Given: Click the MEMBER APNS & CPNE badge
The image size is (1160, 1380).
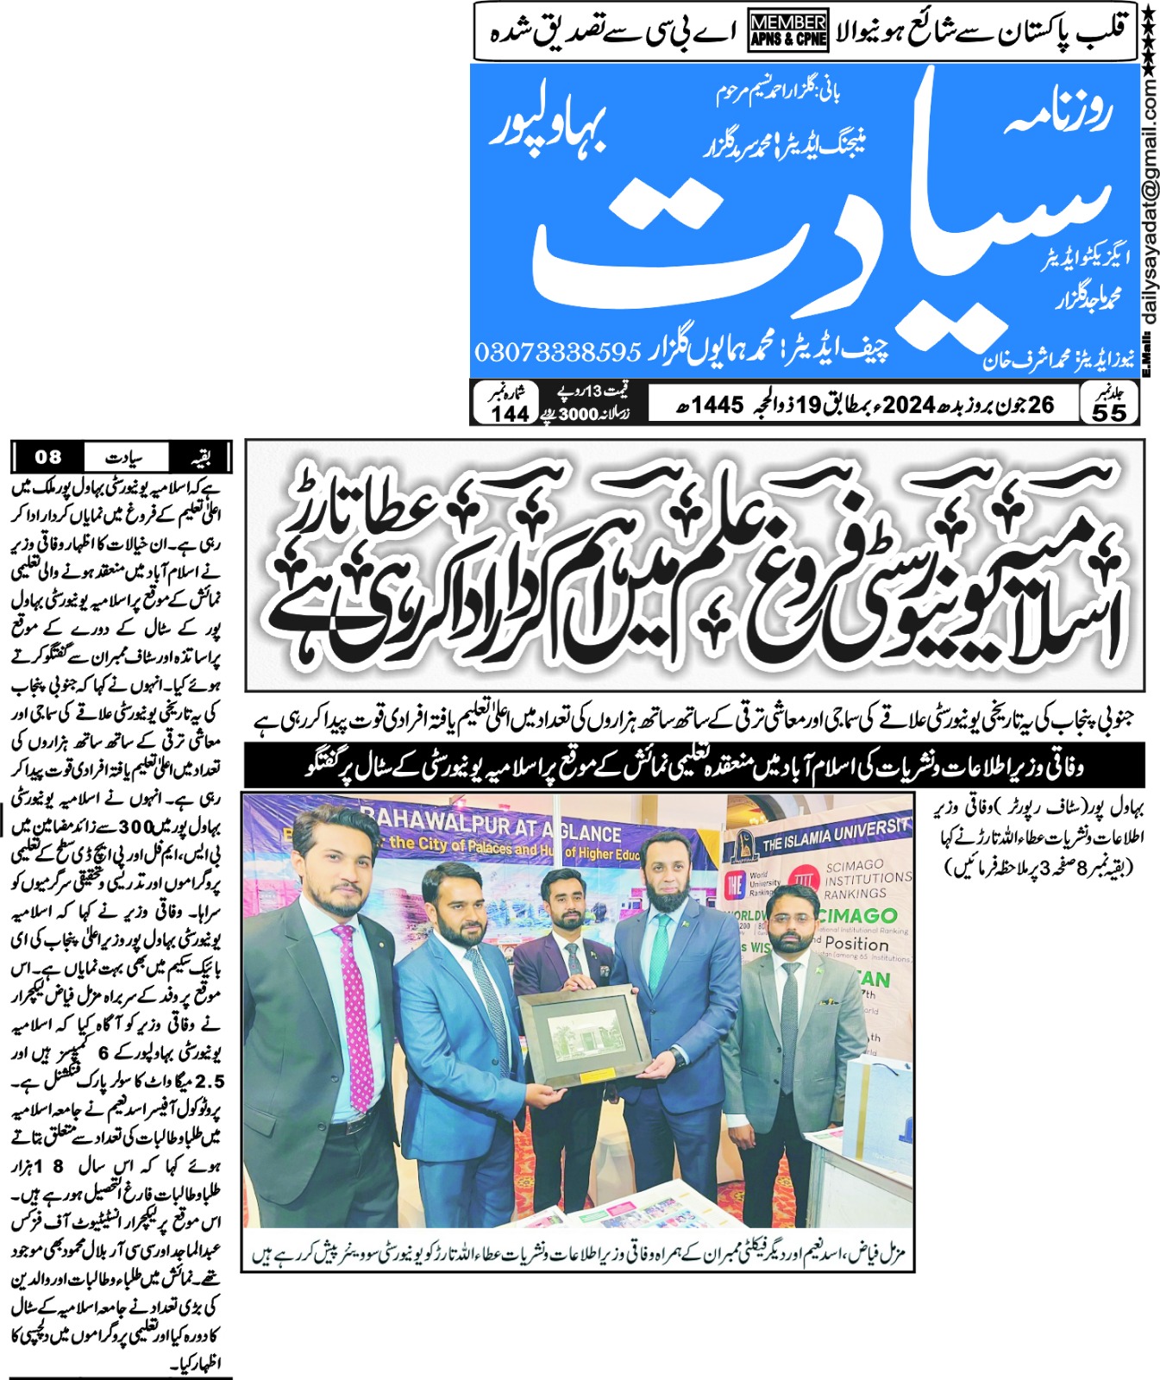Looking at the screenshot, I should click(x=788, y=31).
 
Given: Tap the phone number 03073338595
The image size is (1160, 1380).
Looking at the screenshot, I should click(x=558, y=352).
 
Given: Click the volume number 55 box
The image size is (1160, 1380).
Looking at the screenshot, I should click(x=1109, y=403).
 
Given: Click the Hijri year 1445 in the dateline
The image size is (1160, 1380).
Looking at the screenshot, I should click(x=718, y=404).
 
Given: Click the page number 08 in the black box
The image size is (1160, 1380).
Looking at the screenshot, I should click(x=47, y=456).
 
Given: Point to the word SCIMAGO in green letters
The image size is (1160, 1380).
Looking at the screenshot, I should click(x=858, y=915).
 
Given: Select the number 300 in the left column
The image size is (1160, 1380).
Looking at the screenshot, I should click(x=135, y=826).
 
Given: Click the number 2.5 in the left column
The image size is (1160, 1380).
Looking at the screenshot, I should click(x=210, y=1081).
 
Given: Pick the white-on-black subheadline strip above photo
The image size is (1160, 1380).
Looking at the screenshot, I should click(x=694, y=765).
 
